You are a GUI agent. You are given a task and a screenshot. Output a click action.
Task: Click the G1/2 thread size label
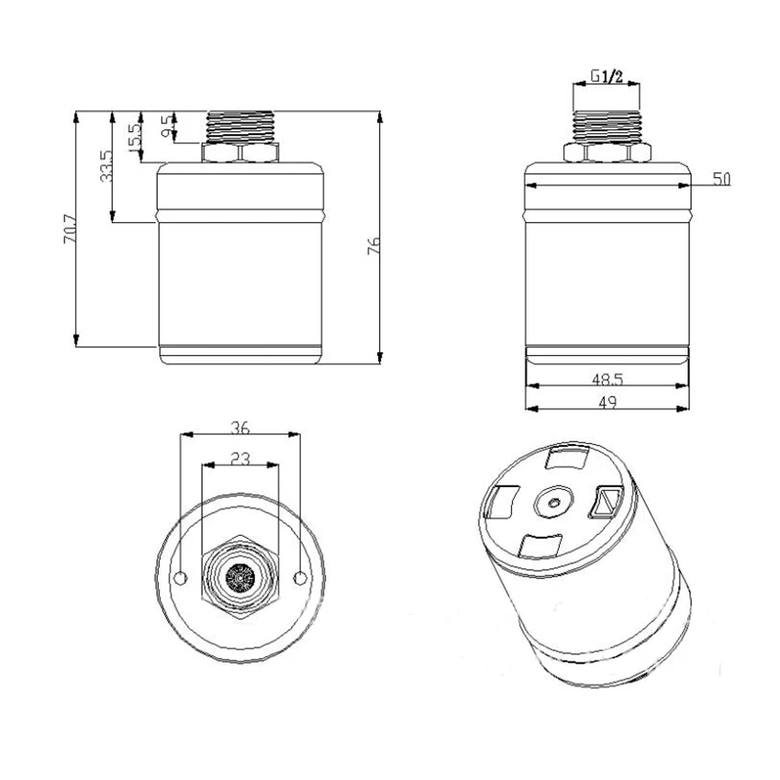(607, 76)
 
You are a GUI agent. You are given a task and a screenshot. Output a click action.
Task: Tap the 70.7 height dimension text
(70, 228)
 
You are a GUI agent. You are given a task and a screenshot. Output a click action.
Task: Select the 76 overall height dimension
(373, 246)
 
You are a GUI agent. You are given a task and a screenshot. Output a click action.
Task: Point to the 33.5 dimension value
(106, 166)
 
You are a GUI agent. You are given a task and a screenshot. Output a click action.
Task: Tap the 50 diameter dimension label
(721, 179)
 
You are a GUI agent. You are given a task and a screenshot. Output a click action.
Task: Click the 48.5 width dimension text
(607, 380)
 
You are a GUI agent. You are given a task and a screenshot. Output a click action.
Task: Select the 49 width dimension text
(607, 402)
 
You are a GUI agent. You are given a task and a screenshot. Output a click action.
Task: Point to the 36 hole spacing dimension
(240, 428)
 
